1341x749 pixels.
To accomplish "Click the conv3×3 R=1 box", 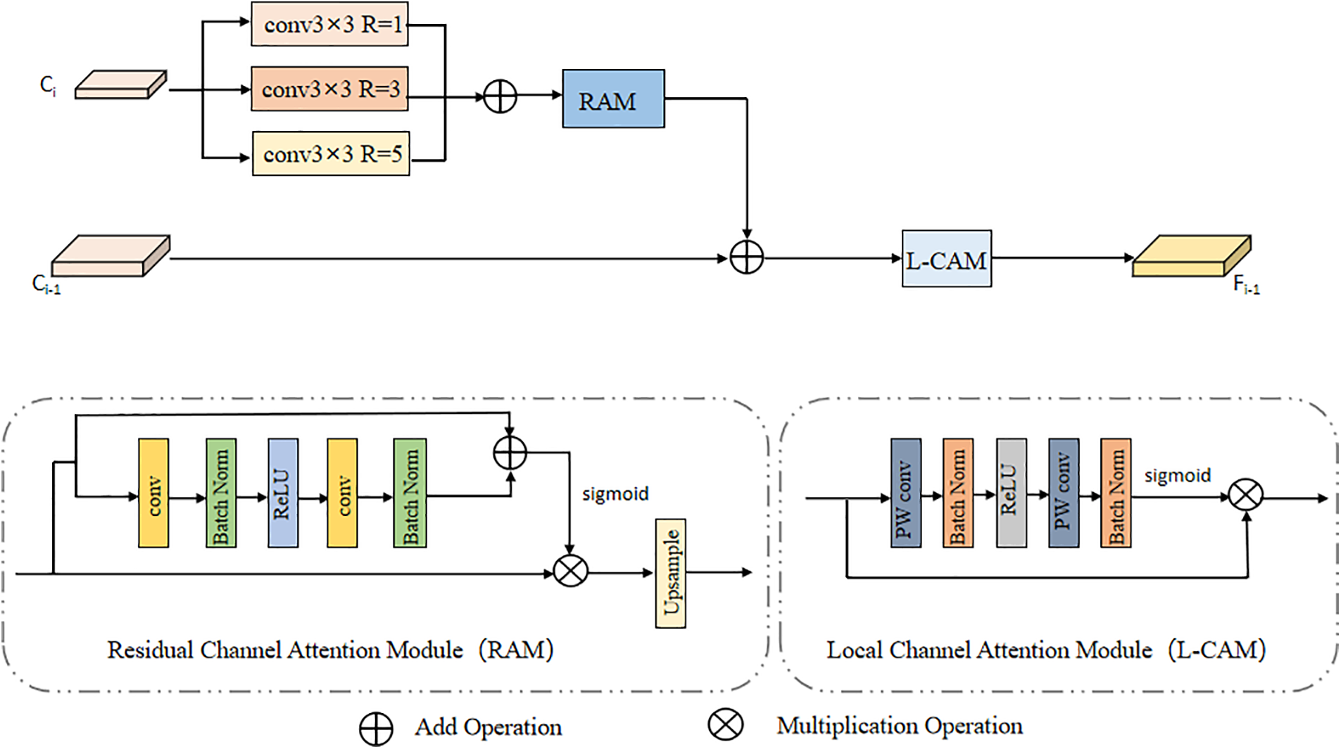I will [329, 25].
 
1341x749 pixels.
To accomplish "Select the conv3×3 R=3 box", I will [329, 89].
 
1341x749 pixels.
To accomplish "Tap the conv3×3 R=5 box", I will [331, 153].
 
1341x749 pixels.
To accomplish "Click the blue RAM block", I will [613, 99].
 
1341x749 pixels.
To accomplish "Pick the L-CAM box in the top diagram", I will [946, 259].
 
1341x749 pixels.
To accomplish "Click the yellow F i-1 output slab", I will [1191, 256].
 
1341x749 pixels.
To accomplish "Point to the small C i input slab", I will [120, 85].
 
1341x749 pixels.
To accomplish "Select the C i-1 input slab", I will [111, 256].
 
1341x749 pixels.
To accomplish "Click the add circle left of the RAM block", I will [500, 96].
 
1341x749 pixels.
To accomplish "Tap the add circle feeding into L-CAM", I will [746, 258].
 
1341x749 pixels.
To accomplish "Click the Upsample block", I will [670, 573].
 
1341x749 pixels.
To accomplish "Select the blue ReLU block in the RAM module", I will [283, 493].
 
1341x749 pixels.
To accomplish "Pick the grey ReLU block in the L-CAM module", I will [1011, 493].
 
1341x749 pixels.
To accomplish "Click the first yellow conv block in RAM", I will [153, 493].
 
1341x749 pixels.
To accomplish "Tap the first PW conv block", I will [905, 493].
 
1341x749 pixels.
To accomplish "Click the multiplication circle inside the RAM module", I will [570, 571].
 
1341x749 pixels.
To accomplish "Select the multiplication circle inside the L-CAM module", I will [1245, 495].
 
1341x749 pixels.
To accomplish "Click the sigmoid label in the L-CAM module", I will [1177, 476].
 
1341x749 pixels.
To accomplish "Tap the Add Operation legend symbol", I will [376, 729].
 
